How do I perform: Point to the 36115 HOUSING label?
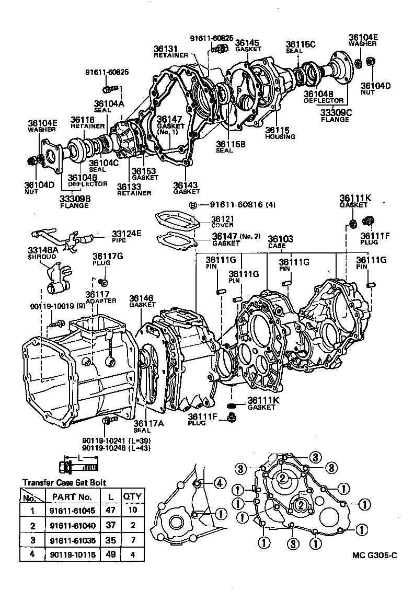280,133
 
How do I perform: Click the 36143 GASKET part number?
186,188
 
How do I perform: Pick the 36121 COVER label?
223,222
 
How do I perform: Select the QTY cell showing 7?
132,539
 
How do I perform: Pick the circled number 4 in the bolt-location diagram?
220,483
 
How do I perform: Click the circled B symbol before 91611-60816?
192,205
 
